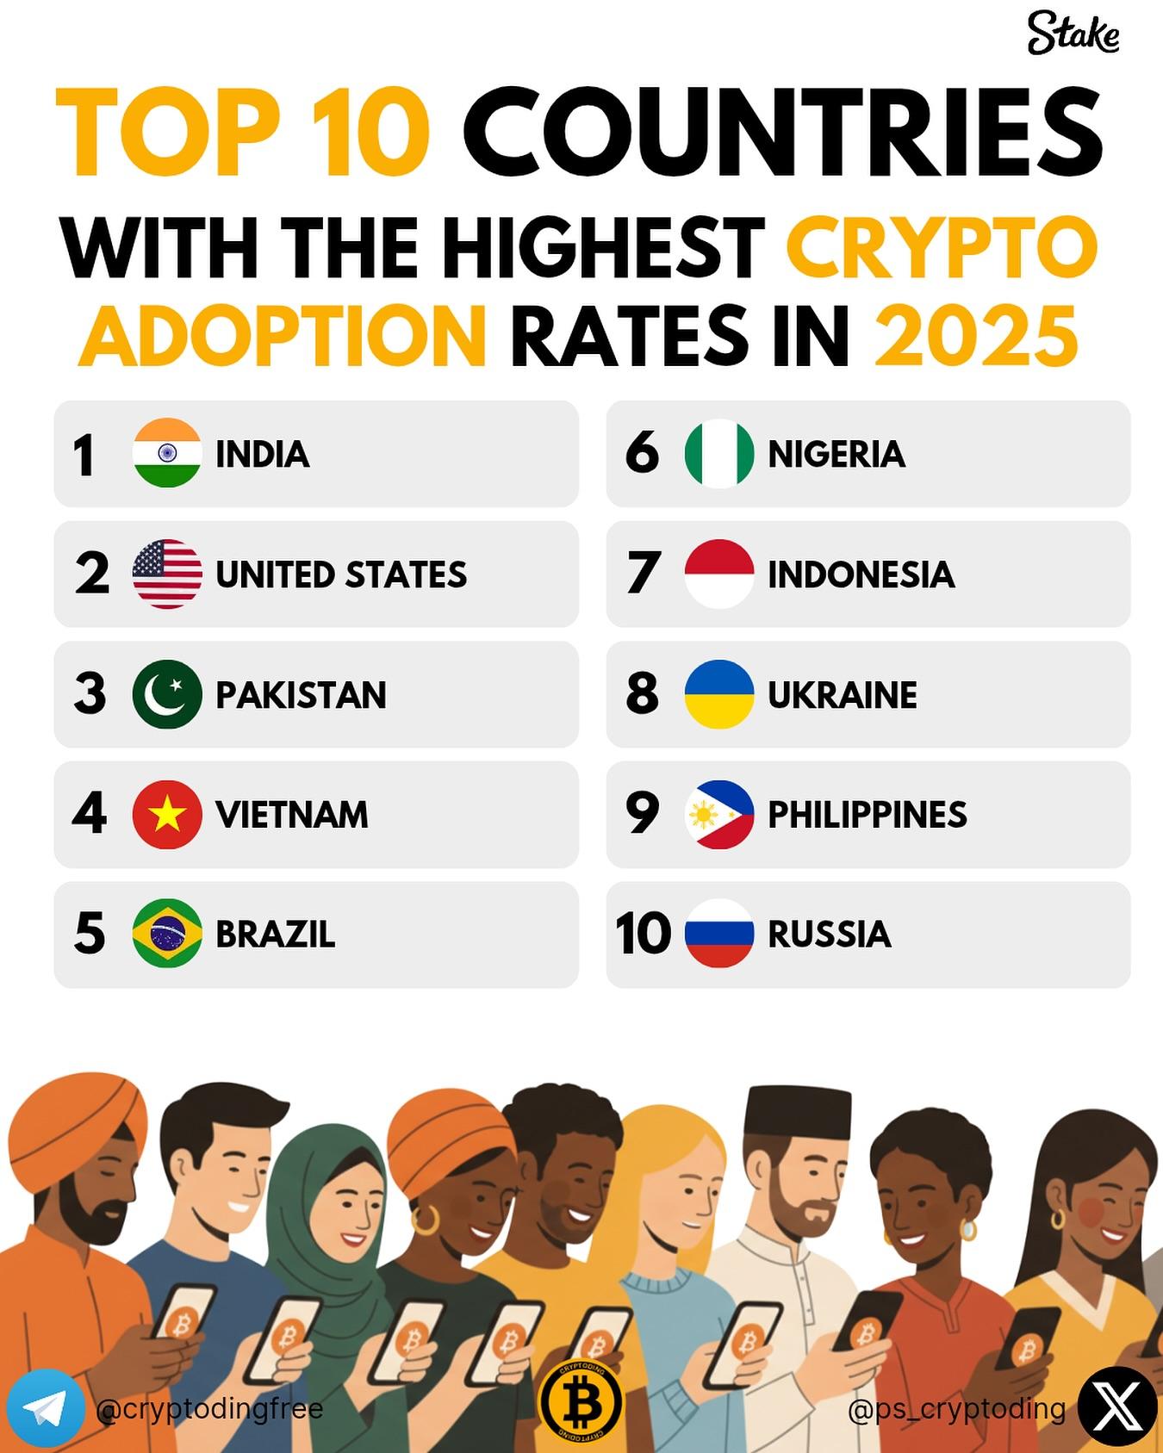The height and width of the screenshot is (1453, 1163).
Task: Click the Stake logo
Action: point(1073,34)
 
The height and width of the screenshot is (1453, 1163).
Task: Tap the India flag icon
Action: point(167,453)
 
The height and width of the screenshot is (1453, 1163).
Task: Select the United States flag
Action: point(167,574)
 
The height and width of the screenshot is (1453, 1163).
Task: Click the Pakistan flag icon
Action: point(167,694)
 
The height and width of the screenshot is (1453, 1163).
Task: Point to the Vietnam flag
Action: point(167,814)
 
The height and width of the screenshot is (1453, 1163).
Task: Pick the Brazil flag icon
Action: point(167,934)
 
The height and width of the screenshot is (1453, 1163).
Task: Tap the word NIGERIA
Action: point(836,454)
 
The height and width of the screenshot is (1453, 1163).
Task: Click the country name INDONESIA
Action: point(861,574)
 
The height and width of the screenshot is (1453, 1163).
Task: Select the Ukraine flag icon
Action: point(719,694)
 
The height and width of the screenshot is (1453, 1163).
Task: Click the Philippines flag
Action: point(719,814)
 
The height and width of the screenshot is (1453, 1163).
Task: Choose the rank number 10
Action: point(643,934)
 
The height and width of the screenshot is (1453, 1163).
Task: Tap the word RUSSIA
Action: point(829,935)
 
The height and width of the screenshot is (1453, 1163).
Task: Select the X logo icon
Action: point(1117,1407)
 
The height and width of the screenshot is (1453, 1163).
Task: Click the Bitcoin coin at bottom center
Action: point(581,1401)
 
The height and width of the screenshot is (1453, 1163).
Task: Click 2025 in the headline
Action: point(976,335)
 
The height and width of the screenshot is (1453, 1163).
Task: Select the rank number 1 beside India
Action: point(84,455)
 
